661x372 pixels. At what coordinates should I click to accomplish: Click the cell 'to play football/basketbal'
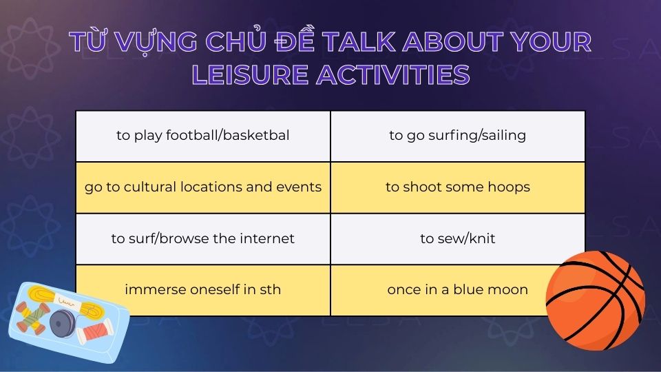202,136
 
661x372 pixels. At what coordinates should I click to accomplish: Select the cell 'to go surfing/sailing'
457,136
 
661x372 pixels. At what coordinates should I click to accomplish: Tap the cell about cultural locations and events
202,187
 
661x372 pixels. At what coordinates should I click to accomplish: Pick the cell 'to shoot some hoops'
457,187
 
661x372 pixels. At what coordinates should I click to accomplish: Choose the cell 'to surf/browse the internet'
202,239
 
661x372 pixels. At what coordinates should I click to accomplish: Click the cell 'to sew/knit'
457,239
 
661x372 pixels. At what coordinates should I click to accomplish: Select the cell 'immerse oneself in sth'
202,290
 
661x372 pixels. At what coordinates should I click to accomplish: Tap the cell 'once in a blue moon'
457,290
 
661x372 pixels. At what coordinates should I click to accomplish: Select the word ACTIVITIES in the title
392,74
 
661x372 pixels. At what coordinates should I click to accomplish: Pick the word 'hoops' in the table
510,187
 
